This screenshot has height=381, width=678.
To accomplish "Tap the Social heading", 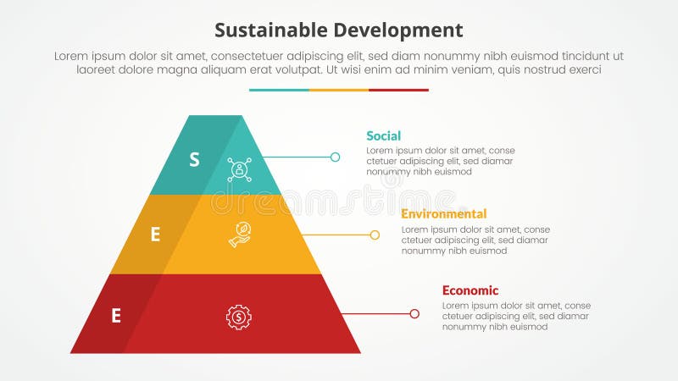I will [x=383, y=135].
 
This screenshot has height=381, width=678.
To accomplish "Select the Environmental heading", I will [x=443, y=213].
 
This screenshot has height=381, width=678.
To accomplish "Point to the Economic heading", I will [x=470, y=290].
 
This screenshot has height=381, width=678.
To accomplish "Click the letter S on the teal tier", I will [x=194, y=158].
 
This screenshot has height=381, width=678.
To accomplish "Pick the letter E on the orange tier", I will [x=155, y=235].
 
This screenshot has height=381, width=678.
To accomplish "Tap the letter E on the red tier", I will [x=116, y=316].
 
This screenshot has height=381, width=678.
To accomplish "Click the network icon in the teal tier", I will [x=240, y=169].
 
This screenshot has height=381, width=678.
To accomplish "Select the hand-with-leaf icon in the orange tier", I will [x=240, y=235].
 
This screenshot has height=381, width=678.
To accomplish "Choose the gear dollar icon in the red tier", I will [x=239, y=317].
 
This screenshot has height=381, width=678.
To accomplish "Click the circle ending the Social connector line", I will [x=335, y=157].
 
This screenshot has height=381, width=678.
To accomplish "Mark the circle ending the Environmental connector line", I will [x=375, y=235].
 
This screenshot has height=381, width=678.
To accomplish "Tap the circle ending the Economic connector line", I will [x=414, y=313].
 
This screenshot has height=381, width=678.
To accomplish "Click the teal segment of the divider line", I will [x=279, y=90].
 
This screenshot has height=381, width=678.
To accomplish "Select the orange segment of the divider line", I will [x=339, y=90].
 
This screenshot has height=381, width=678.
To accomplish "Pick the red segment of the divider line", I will [x=398, y=90].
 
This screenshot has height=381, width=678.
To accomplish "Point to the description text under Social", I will [x=440, y=161].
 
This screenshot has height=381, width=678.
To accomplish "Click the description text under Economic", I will [x=515, y=316].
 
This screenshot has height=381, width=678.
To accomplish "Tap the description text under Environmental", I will [x=475, y=240].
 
